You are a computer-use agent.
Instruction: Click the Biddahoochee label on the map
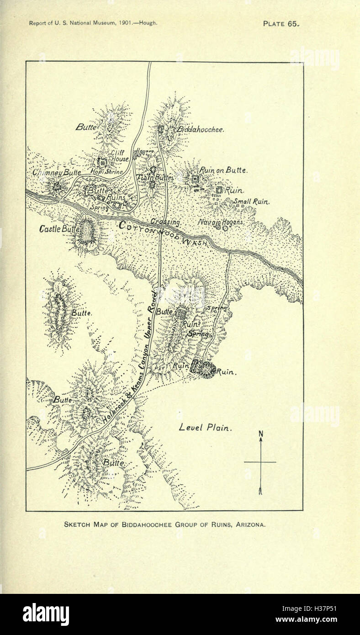[201, 130]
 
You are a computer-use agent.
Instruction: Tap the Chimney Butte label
[57, 173]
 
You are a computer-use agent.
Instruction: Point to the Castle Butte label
[57, 228]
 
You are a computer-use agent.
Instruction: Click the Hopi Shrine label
[107, 172]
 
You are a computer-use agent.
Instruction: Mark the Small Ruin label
[252, 201]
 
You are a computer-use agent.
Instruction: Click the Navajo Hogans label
[221, 222]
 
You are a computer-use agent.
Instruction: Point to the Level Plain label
[206, 428]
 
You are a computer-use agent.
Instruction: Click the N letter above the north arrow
[260, 434]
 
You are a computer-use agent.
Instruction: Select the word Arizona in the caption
[250, 525]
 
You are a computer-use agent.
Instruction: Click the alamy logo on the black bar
[46, 614]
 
